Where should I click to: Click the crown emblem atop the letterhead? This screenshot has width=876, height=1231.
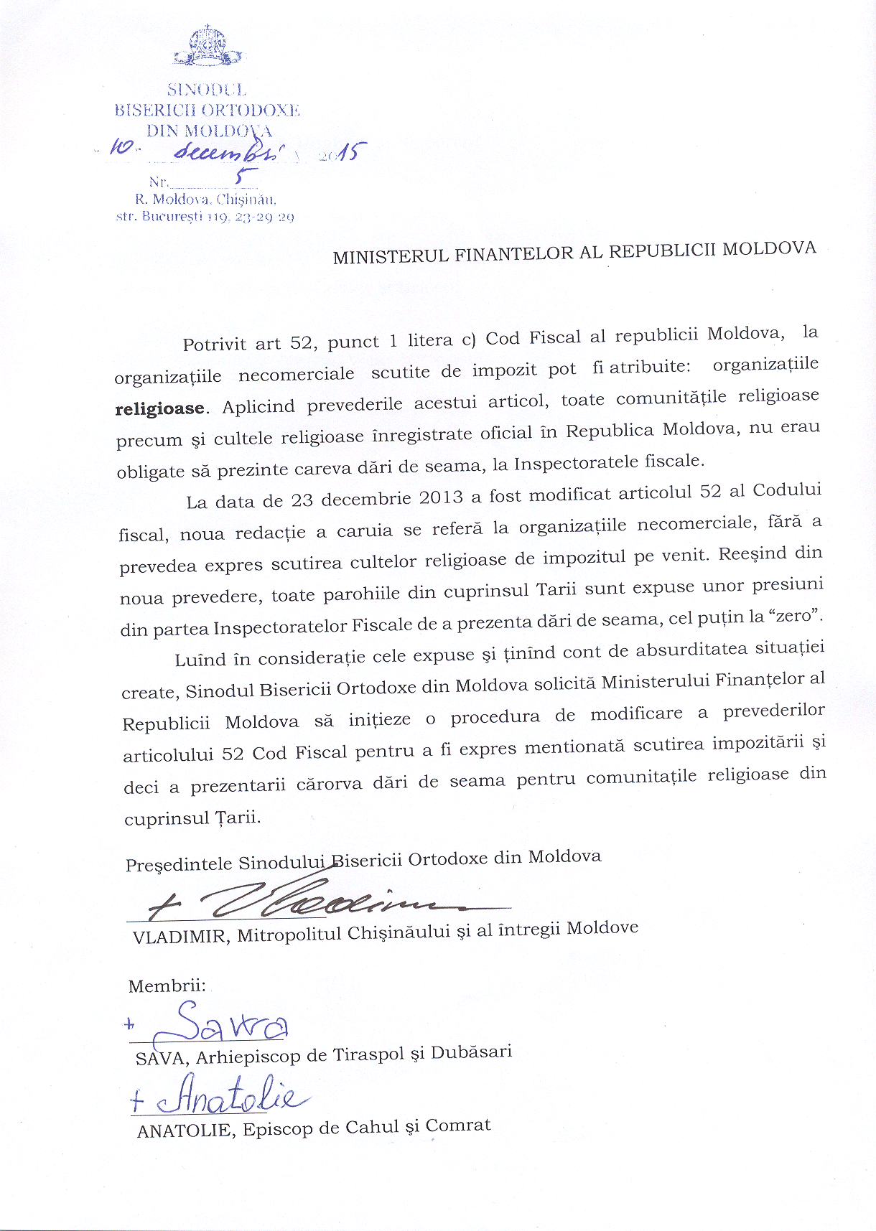point(206,47)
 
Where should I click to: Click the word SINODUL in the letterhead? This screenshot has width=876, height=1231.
point(207,90)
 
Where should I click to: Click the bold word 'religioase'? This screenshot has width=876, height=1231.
point(160,409)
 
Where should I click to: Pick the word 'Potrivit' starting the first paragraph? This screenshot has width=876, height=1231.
point(213,345)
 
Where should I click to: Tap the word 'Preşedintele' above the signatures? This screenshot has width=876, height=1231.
point(179,864)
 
